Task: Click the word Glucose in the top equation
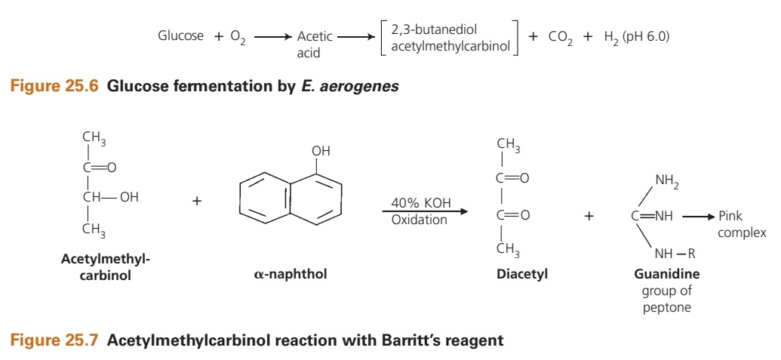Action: click(x=180, y=35)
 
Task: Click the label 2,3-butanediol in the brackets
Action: click(x=435, y=29)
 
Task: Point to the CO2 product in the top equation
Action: click(x=561, y=38)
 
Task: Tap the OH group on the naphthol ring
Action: click(x=321, y=151)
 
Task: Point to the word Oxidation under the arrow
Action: click(x=419, y=220)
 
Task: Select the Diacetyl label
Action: click(x=521, y=274)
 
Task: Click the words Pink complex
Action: click(x=741, y=224)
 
